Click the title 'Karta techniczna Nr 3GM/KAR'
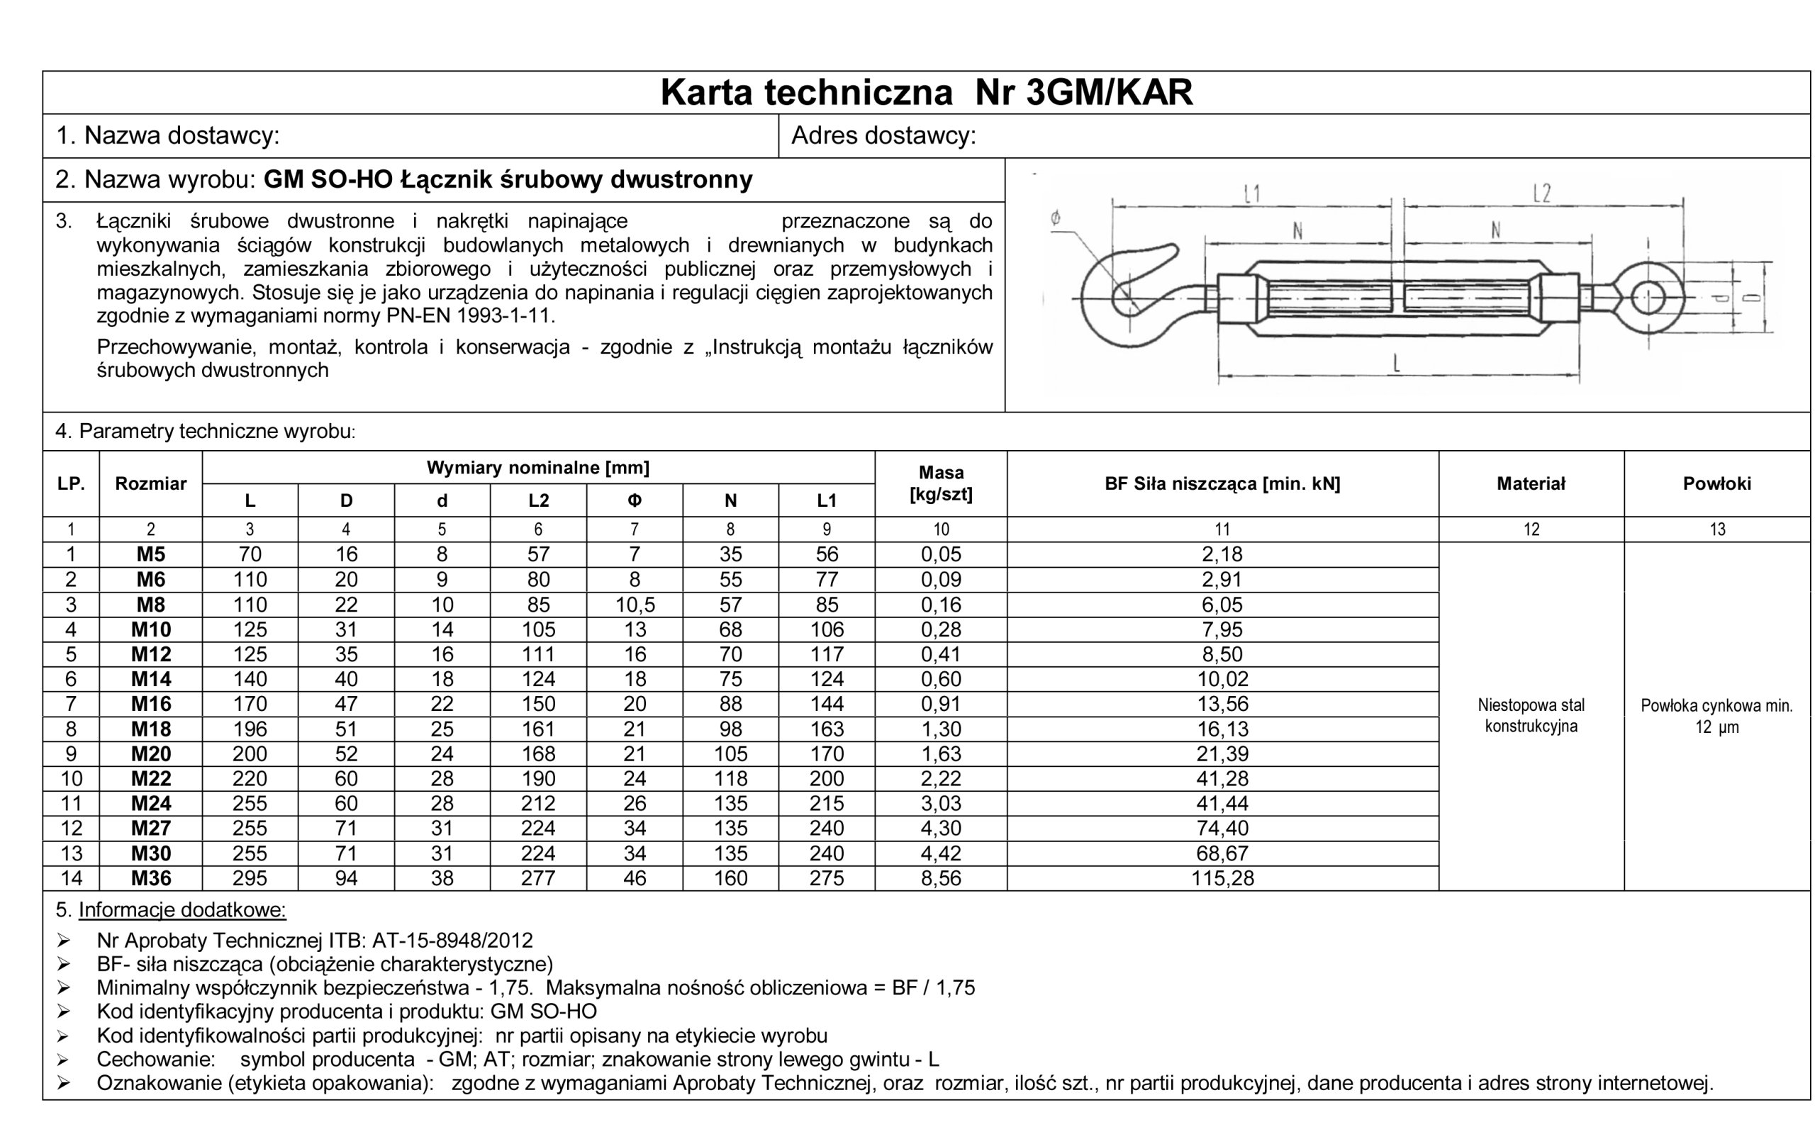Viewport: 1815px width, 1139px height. click(x=926, y=93)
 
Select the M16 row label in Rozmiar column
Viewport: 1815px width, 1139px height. click(x=151, y=705)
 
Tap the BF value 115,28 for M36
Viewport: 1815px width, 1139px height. click(x=1222, y=878)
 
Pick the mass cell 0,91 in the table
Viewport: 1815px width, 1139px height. click(x=940, y=705)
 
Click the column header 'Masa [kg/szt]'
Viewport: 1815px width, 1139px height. click(x=940, y=483)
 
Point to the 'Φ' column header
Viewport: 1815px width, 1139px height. click(x=635, y=501)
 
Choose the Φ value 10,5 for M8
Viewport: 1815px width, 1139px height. click(x=635, y=605)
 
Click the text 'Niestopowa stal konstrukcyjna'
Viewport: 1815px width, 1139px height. click(x=1530, y=716)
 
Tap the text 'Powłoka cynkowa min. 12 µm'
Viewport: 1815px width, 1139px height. click(x=1716, y=717)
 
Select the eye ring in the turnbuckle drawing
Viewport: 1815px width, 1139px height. click(x=1647, y=297)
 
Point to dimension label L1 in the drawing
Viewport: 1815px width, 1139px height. click(x=1251, y=195)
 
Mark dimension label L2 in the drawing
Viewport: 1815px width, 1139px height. click(x=1541, y=194)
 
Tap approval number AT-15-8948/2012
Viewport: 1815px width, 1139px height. click(x=452, y=941)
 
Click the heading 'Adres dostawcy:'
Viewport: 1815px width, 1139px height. click(x=883, y=136)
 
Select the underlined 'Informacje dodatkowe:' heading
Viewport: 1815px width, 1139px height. click(x=181, y=910)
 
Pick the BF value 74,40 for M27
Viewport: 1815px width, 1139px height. click(x=1222, y=829)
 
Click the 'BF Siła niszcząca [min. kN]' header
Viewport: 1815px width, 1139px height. click(x=1222, y=483)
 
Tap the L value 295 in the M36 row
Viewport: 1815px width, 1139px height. click(x=250, y=878)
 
